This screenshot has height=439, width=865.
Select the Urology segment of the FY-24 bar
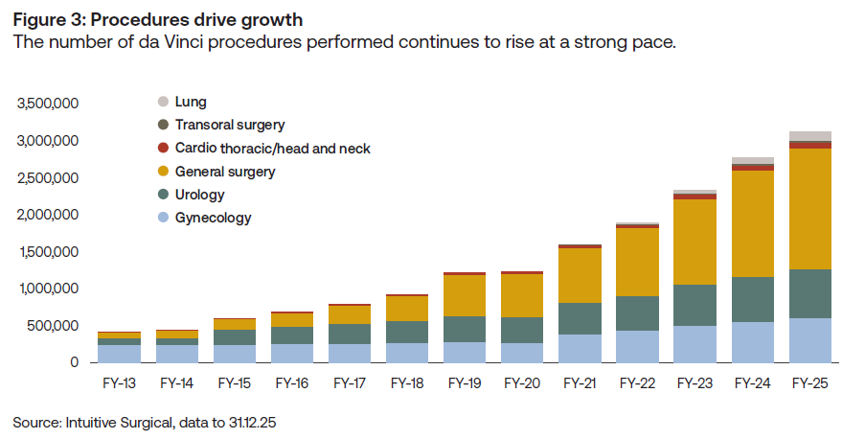tap(753, 299)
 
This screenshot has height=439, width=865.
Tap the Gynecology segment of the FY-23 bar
tap(695, 344)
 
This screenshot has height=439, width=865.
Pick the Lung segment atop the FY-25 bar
tap(810, 136)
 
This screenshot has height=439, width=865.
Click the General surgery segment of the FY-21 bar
tap(580, 275)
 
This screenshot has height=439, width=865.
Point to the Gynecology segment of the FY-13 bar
tap(119, 353)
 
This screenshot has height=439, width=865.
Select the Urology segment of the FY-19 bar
tap(465, 329)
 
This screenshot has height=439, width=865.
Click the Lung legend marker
tap(163, 102)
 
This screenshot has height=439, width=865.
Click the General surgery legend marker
tap(163, 172)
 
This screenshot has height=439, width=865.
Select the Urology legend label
tap(199, 195)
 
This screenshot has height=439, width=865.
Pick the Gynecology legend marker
tap(163, 218)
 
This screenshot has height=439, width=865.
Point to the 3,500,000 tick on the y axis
tap(48, 104)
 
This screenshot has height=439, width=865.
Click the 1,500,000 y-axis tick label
tap(48, 252)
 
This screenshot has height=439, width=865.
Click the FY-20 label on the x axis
tap(522, 383)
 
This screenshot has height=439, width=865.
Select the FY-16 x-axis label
tap(291, 383)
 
